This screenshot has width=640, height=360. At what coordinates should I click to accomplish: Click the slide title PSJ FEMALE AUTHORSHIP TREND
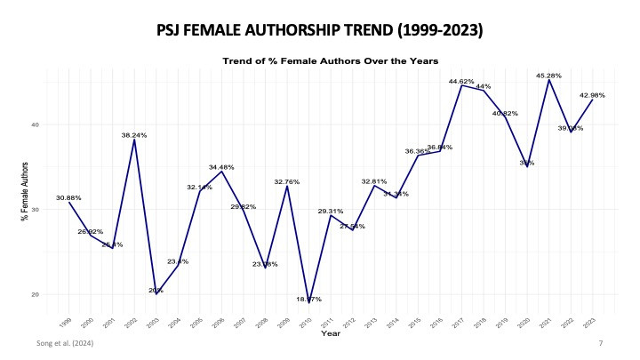pos(320,30)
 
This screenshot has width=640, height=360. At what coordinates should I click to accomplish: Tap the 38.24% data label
pos(134,135)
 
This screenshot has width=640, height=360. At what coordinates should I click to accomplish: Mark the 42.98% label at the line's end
pos(592,95)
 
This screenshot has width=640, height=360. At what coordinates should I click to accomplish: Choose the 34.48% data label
pos(221,167)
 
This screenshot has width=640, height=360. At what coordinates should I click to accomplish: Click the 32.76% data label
pos(286,181)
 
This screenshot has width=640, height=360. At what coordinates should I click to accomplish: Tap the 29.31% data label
pos(330,211)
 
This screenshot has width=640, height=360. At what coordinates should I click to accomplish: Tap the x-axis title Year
pos(330,333)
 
